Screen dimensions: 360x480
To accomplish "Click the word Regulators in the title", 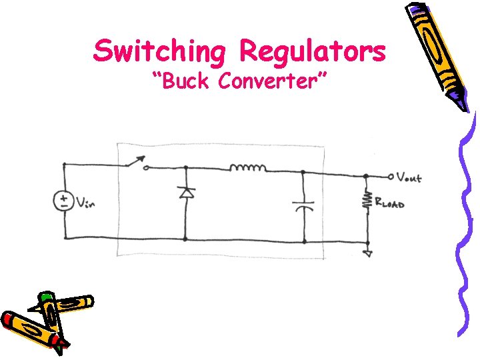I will pyautogui.click(x=312, y=51).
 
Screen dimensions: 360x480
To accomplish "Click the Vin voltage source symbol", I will pyautogui.click(x=64, y=201).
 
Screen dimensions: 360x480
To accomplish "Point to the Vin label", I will pyautogui.click(x=85, y=202).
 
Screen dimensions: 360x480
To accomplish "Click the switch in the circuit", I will pyautogui.click(x=133, y=162).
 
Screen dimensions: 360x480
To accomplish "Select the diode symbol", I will pyautogui.click(x=185, y=193).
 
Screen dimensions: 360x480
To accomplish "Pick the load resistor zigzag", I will pyautogui.click(x=366, y=201).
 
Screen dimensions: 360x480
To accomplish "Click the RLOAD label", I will pyautogui.click(x=389, y=201).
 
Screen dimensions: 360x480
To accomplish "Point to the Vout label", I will pyautogui.click(x=409, y=177).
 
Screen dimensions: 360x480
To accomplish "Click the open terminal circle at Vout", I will pyautogui.click(x=391, y=177).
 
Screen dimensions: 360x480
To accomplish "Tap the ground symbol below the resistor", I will pyautogui.click(x=367, y=253).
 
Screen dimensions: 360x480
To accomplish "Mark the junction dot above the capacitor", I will pyautogui.click(x=304, y=173).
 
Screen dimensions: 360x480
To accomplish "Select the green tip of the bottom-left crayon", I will pyautogui.click(x=45, y=296).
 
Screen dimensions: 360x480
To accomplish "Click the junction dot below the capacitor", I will pyautogui.click(x=304, y=241).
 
